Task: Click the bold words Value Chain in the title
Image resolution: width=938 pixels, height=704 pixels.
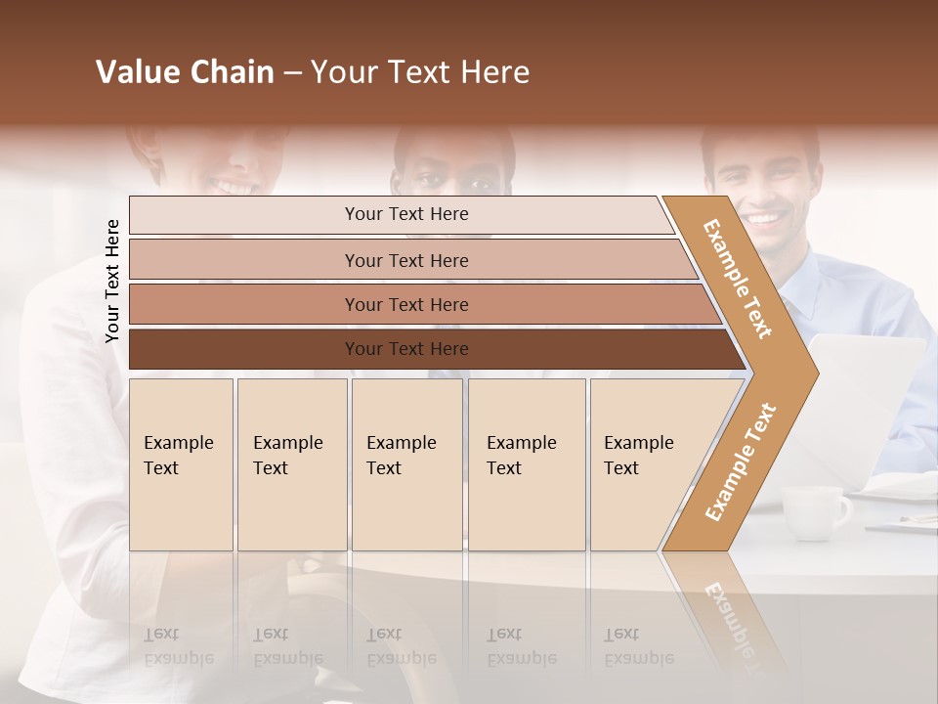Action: click(x=185, y=72)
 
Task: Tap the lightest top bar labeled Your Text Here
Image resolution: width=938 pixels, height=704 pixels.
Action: click(x=405, y=214)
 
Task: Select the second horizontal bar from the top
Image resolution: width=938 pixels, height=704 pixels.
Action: click(x=405, y=260)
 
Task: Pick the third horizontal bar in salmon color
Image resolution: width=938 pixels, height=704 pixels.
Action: click(x=405, y=304)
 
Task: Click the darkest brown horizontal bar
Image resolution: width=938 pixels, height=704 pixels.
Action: click(x=405, y=349)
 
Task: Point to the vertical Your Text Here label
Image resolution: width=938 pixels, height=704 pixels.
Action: click(x=112, y=282)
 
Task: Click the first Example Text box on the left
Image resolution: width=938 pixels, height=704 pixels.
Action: click(x=181, y=464)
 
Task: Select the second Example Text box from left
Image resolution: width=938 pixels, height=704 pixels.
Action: click(x=291, y=464)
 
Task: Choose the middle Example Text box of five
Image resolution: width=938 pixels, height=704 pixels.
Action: click(x=406, y=464)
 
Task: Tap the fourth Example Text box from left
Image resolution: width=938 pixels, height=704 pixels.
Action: click(x=527, y=464)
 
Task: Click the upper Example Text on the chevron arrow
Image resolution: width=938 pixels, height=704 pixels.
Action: click(x=738, y=279)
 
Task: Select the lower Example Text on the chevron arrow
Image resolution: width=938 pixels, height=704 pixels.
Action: click(x=741, y=462)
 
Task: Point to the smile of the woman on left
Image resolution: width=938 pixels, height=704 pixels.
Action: click(x=234, y=184)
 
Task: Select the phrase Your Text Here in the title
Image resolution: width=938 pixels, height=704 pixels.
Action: click(x=420, y=72)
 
